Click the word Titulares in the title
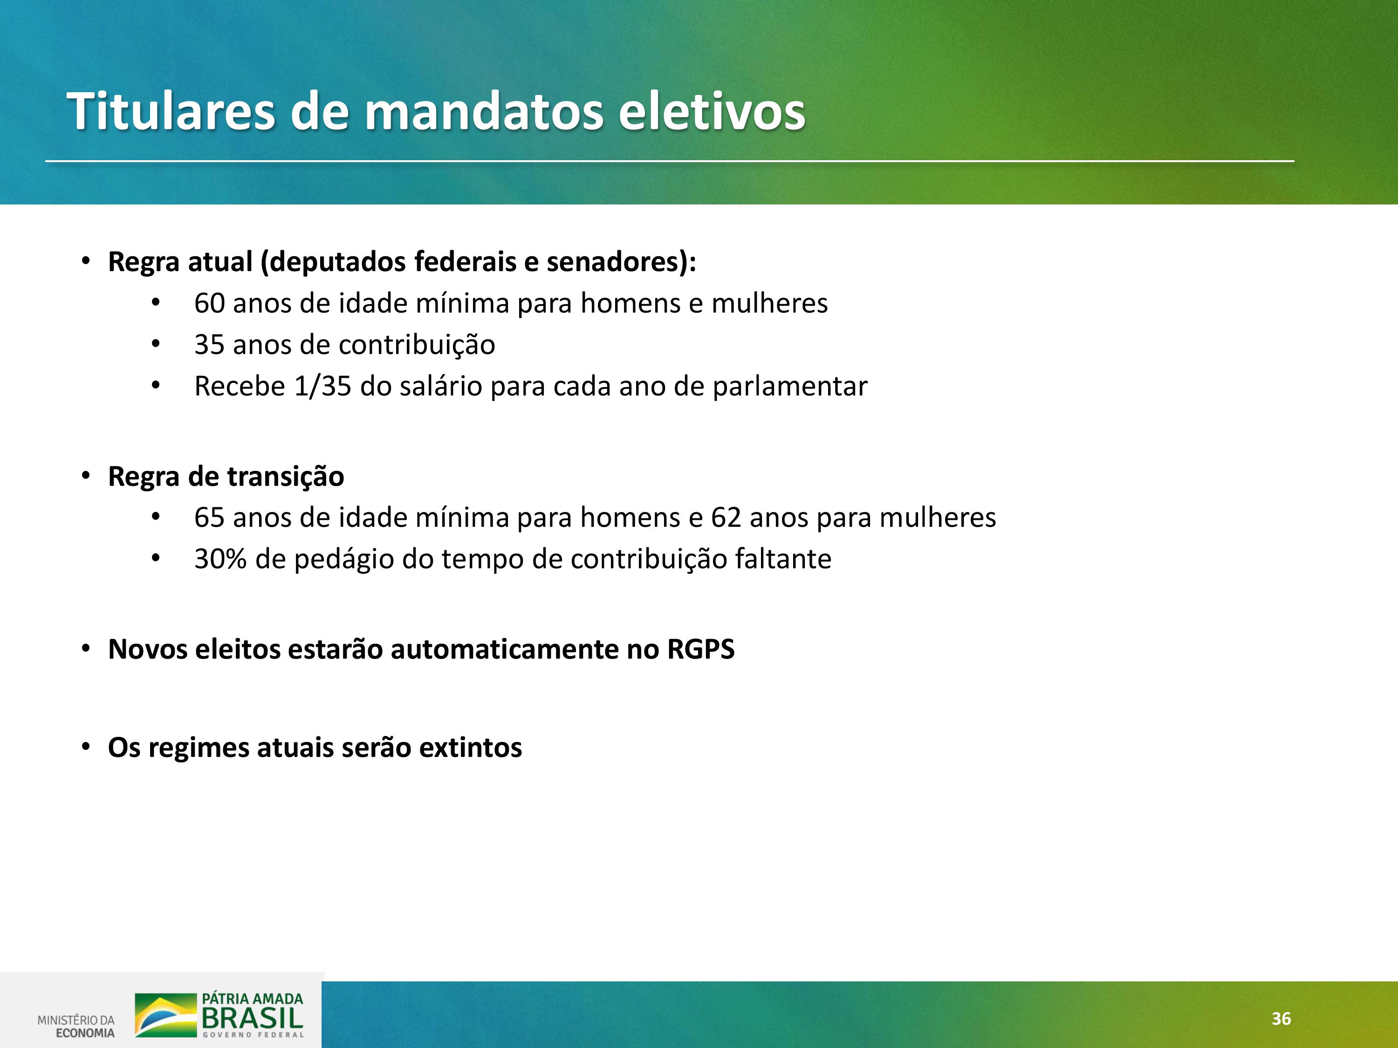point(171,111)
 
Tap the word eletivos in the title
point(712,111)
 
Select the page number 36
point(1281,1018)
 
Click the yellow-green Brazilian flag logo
point(165,1015)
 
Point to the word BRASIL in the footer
point(252,1018)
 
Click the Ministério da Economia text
point(76,1027)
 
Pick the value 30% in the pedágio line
point(220,559)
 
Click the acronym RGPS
point(701,649)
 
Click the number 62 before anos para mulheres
point(726,518)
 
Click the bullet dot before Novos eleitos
point(86,649)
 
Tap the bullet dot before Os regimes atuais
point(86,747)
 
